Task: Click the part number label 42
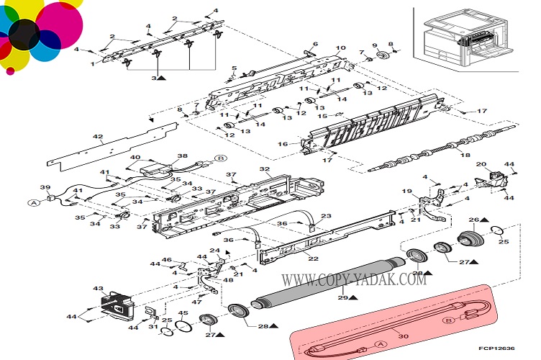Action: [x=98, y=136]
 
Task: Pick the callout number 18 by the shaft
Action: [x=465, y=156]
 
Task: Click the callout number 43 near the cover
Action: [x=98, y=289]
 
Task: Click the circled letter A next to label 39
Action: [x=33, y=202]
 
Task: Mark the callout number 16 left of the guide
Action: [x=283, y=144]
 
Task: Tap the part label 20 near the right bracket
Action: [x=481, y=166]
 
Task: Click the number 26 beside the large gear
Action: [x=473, y=220]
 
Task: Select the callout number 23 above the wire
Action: [x=326, y=216]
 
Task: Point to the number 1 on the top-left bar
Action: [x=92, y=63]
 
